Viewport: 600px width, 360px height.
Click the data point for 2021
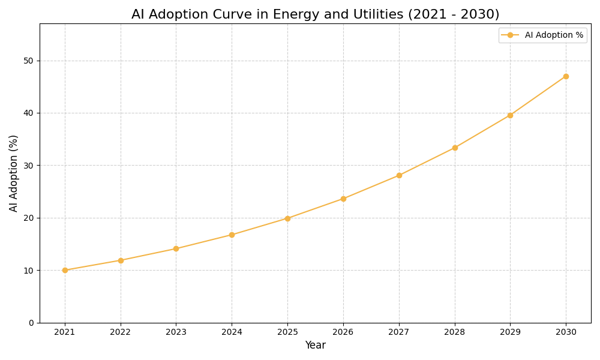[x=65, y=270]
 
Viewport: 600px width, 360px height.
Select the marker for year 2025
[x=287, y=218]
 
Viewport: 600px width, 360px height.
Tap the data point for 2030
[x=566, y=76]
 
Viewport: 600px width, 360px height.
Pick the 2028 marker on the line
[x=455, y=148]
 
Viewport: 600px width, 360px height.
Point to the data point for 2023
[x=176, y=248]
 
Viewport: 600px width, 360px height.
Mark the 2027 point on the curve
[x=399, y=175]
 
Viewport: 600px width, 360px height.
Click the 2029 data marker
[x=510, y=115]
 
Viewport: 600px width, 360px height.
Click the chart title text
[x=315, y=14]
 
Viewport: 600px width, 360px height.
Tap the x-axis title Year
[x=315, y=346]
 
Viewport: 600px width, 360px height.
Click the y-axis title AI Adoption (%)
[x=14, y=173]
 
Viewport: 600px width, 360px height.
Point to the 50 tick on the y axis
[x=28, y=61]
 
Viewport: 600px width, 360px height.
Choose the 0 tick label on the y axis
[x=31, y=323]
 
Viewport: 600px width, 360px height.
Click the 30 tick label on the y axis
[x=28, y=166]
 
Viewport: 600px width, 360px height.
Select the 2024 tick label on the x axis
[x=232, y=332]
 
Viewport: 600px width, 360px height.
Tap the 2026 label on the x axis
[x=343, y=332]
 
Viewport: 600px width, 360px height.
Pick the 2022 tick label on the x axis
[x=121, y=332]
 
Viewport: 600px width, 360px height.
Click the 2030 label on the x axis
[x=566, y=332]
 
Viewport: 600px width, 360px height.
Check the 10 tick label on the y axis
[x=28, y=271]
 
